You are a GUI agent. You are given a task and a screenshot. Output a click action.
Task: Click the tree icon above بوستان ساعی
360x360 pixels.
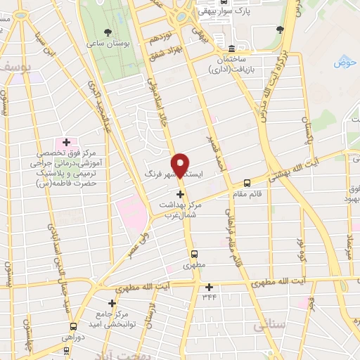(108, 32)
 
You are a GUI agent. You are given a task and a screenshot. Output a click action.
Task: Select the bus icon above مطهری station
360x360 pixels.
(194, 254)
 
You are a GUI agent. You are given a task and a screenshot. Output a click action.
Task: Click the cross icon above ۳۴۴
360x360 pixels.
(208, 286)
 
